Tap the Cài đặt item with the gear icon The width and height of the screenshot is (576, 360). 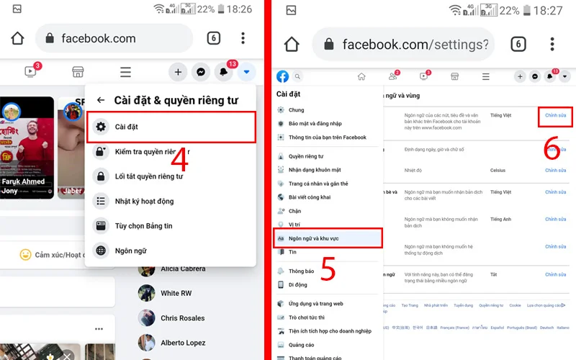click(126, 127)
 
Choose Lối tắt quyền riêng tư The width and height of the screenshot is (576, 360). click(149, 176)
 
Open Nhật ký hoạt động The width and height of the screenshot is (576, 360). click(145, 202)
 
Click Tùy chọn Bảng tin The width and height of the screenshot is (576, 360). click(143, 226)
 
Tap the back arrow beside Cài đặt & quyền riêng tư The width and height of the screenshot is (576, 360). click(101, 101)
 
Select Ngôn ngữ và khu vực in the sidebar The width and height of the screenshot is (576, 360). click(314, 238)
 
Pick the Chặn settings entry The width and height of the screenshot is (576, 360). click(295, 212)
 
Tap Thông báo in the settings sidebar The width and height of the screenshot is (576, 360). click(301, 271)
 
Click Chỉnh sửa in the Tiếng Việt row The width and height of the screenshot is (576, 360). click(556, 115)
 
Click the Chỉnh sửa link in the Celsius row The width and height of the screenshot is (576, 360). click(556, 171)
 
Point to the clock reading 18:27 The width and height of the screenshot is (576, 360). click(549, 10)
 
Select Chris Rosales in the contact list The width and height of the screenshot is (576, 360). click(182, 318)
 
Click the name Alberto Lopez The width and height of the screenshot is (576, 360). click(182, 343)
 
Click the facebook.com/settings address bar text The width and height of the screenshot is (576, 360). click(415, 45)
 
